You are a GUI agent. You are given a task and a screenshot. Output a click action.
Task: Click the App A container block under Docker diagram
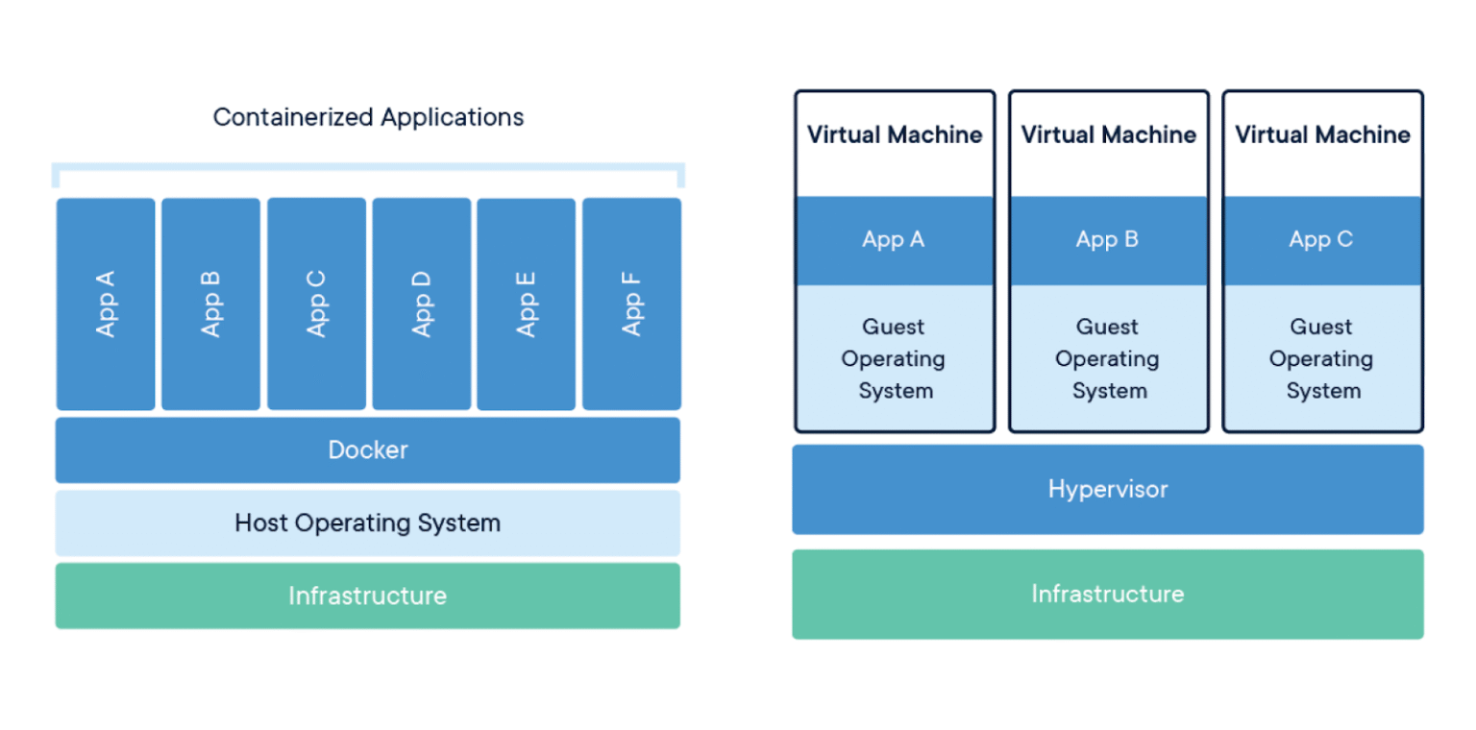106,304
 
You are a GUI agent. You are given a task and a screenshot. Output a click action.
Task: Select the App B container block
210,304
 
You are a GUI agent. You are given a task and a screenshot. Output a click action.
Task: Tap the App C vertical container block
316,304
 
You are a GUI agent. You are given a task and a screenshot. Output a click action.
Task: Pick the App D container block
421,304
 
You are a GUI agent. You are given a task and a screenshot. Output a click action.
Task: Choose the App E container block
526,304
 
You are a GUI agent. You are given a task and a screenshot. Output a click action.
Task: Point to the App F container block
631,304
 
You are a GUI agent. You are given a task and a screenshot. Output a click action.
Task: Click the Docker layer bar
367,450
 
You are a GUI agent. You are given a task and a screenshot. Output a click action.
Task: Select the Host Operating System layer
367,523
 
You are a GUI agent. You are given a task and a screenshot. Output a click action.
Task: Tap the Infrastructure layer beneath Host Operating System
367,596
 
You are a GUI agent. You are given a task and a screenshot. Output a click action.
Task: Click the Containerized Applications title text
368,117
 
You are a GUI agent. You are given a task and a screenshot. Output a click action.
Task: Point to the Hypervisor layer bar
1107,489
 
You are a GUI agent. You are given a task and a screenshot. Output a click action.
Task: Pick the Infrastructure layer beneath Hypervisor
1107,594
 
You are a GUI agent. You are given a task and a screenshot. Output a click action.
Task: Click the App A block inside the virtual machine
894,240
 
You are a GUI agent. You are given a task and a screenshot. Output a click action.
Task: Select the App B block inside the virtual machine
1107,240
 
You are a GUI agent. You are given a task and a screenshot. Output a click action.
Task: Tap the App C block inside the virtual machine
1321,240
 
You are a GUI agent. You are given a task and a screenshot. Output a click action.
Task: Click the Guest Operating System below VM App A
894,358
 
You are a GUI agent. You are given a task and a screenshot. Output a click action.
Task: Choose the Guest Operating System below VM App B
1107,358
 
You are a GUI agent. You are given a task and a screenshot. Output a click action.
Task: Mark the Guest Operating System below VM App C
1321,358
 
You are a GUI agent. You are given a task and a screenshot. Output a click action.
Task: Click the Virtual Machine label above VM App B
1108,134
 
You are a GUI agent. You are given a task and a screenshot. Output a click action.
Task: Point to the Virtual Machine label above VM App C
1322,134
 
